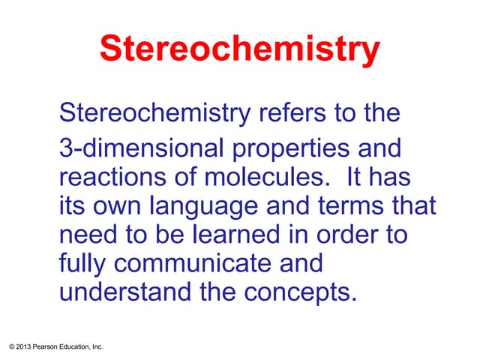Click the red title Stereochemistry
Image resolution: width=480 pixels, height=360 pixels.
pyautogui.click(x=239, y=50)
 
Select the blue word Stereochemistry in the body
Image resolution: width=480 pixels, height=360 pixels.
pyautogui.click(x=154, y=115)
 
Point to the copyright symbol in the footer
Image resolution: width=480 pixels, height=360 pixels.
pyautogui.click(x=8, y=346)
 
